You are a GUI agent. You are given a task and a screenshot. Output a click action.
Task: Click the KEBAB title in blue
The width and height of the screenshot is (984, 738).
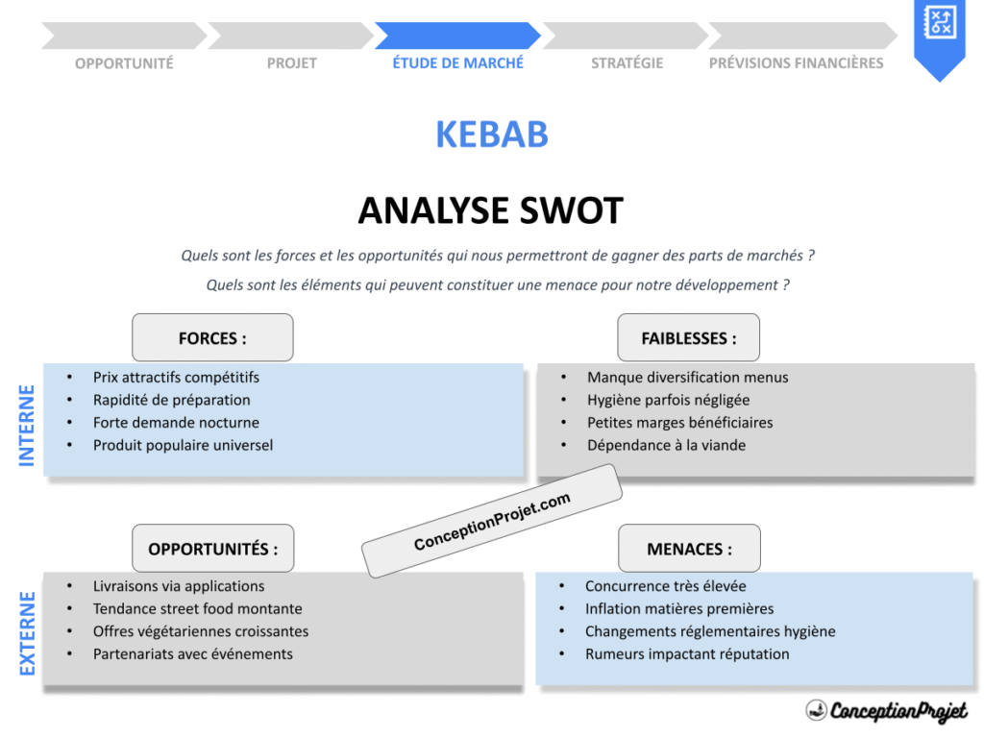pos(491,135)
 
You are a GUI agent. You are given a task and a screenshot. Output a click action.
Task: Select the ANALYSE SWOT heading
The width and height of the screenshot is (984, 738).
pos(491,210)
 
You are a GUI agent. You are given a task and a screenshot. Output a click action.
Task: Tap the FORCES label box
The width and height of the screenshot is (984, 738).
pos(212,338)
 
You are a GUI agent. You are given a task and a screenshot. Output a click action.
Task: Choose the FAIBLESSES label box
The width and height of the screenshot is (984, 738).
pos(688,338)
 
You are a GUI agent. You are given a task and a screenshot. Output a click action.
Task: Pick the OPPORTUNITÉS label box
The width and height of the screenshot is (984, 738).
pos(212,549)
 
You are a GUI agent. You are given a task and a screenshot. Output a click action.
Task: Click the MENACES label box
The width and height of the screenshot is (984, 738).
pos(688,549)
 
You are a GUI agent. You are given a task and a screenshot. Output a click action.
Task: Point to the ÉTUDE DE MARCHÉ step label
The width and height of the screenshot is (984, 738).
pos(458,62)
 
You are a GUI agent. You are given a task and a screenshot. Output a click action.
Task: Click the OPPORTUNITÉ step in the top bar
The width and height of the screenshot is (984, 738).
pos(124,63)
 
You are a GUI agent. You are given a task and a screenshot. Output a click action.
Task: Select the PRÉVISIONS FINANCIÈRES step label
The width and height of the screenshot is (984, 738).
pos(796,63)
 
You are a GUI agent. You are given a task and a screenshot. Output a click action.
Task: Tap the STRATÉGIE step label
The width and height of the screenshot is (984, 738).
pos(627,63)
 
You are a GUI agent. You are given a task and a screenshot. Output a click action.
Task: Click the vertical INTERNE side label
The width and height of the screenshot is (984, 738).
pos(27,426)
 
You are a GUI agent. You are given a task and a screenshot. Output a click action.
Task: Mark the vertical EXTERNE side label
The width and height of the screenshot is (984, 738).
pos(27,633)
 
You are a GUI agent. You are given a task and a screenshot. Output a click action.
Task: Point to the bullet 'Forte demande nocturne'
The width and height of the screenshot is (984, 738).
pos(176,423)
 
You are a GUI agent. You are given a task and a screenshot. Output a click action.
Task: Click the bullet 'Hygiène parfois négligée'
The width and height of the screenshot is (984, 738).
pos(668,400)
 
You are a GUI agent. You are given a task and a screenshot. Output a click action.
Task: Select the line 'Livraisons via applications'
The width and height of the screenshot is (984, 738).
pos(179,586)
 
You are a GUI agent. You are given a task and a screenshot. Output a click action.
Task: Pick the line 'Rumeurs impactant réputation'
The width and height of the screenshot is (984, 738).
pos(687,654)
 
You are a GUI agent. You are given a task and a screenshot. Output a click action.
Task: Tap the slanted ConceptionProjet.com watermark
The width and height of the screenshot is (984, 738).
pos(492,522)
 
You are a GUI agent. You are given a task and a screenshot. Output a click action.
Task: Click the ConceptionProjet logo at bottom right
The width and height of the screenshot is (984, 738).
pos(886,711)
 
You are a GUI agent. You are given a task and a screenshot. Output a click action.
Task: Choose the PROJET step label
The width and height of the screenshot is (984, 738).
pos(291,63)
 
